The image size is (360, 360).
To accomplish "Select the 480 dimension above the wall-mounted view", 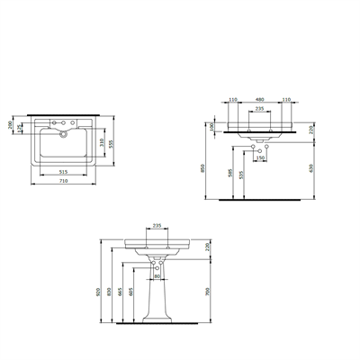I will (260, 99).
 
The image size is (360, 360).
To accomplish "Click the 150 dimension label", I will (261, 158).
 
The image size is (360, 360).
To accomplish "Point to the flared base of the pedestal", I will (158, 317).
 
